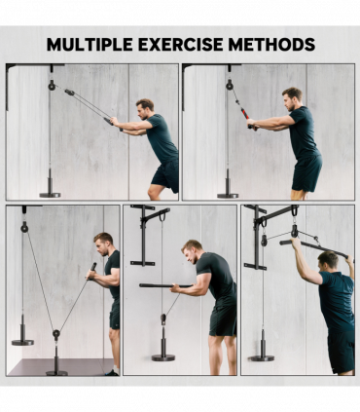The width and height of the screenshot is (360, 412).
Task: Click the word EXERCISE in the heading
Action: pyautogui.click(x=180, y=45)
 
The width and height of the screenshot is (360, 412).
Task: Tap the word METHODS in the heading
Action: pyautogui.click(x=271, y=45)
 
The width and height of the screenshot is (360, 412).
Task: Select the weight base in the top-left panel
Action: pyautogui.click(x=50, y=190)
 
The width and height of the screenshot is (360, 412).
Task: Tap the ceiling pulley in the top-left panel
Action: pyautogui.click(x=52, y=85)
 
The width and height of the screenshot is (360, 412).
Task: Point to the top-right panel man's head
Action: pyautogui.click(x=292, y=96)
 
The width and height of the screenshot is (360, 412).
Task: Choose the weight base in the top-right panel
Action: pyautogui.click(x=228, y=190)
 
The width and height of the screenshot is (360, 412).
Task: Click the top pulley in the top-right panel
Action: pyautogui.click(x=231, y=85)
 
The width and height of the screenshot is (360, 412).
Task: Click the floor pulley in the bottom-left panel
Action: pyautogui.click(x=56, y=336)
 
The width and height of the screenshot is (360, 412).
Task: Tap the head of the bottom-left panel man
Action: pyautogui.click(x=103, y=241)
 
